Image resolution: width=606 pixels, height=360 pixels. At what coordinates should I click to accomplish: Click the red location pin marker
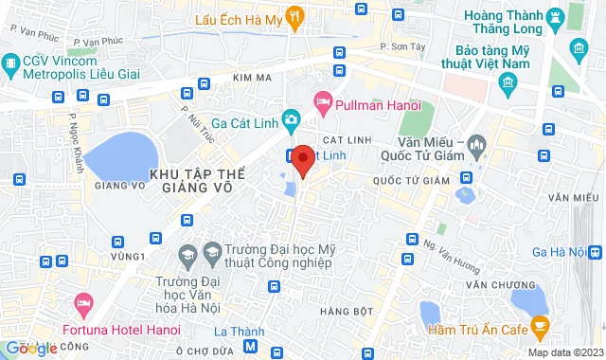pyautogui.click(x=303, y=160)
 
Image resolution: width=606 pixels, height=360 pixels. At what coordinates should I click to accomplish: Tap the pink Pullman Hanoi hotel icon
pyautogui.click(x=322, y=99)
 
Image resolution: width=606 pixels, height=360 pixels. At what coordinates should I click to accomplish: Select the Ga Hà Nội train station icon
pyautogui.click(x=592, y=252)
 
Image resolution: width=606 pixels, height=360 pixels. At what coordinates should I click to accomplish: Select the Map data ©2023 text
pyautogui.click(x=564, y=352)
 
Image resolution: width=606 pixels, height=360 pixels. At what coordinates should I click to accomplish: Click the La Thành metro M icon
pyautogui.click(x=250, y=348)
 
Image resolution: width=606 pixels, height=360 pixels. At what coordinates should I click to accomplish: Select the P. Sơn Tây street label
pyautogui.click(x=399, y=45)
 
